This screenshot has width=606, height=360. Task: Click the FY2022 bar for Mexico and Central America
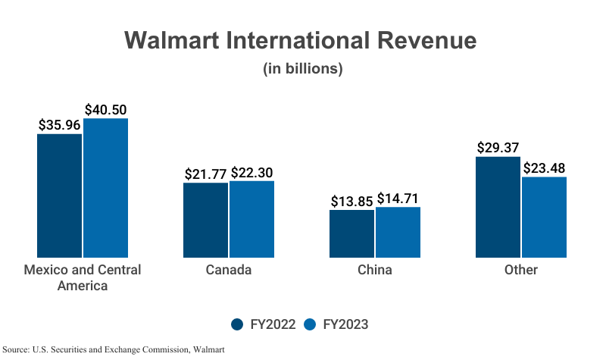tap(60, 196)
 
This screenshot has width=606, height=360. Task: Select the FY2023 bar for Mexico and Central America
tap(105, 188)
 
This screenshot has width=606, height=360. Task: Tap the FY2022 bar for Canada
tap(205, 220)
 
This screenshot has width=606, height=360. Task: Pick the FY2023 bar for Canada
tap(251, 219)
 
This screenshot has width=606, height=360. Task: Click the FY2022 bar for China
tap(351, 233)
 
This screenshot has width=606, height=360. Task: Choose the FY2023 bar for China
tap(398, 232)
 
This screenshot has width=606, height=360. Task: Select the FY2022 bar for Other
tap(498, 207)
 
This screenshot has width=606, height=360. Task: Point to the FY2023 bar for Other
tap(544, 218)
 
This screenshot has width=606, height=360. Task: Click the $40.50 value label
tap(105, 110)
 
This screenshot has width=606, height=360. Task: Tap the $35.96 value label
tap(60, 125)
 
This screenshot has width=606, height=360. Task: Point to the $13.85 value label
tap(352, 202)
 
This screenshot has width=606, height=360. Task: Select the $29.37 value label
tap(498, 148)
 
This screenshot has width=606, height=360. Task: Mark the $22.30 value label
tap(252, 173)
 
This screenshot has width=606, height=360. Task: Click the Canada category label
tap(228, 271)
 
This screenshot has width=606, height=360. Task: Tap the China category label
tap(374, 271)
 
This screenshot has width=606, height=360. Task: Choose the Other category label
tap(520, 271)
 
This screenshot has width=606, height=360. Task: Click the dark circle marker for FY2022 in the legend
tap(238, 324)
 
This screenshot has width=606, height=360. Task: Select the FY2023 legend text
tap(345, 324)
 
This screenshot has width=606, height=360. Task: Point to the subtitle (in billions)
tap(303, 69)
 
